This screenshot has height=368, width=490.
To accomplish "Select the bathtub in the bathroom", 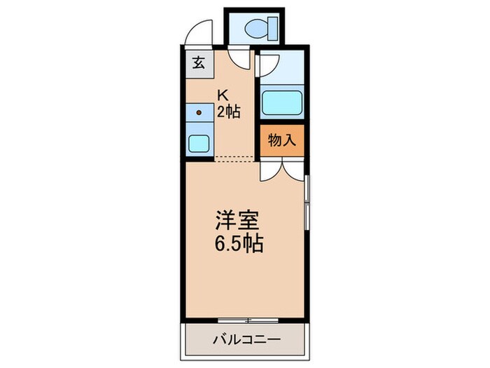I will click(x=282, y=104).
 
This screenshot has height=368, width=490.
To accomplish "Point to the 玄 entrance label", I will click(x=198, y=63).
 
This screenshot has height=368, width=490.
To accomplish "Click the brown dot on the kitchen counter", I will click(x=199, y=112).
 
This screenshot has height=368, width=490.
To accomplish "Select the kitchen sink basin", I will click(x=199, y=143).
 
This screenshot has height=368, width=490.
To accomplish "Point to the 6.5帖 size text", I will click(x=238, y=245).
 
